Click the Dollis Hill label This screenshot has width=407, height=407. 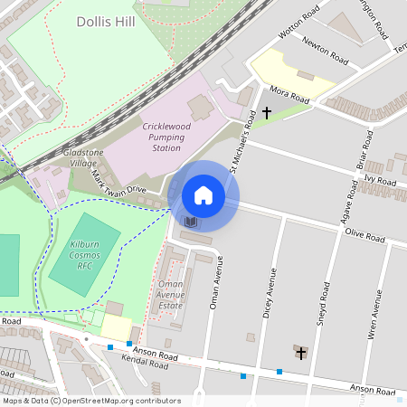coord(107,21)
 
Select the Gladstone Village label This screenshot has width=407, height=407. coord(88,158)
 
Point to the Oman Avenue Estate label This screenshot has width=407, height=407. coord(171,295)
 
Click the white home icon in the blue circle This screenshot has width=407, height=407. coord(203,195)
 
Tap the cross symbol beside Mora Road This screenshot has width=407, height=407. coord(266,113)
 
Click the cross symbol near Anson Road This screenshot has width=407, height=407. coord(300,352)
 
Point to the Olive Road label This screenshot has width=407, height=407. coord(364,237)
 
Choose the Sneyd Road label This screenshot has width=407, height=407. coord(322,284)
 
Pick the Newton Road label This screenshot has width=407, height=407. coord(327,57)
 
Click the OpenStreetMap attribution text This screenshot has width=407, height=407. coord(91,401)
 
